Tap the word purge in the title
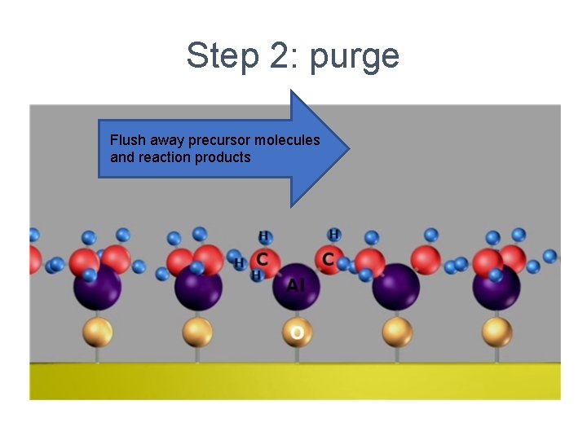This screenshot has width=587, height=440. pos(356,57)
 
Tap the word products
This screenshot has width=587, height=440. pos(223,157)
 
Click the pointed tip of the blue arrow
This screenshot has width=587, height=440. pos(348,149)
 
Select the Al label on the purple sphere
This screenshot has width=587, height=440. pos(296,285)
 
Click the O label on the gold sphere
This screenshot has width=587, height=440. pos(298,332)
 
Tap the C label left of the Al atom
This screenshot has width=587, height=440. pos(262,258)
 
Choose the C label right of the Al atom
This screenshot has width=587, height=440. pos(328,258)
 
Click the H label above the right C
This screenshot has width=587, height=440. pos(333,235)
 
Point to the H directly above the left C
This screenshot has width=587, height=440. pos(263,237)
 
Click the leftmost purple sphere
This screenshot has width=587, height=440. pos(97,287)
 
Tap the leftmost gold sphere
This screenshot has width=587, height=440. pos(97,332)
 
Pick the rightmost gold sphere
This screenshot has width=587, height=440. pos(497,332)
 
